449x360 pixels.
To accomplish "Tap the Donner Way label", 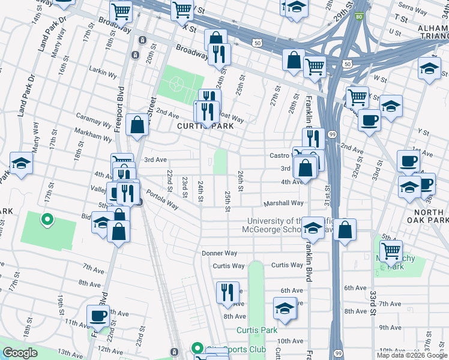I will pos(220,253).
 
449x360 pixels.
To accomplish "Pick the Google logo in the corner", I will pos(20,353).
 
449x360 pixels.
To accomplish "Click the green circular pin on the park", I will pos(46,220).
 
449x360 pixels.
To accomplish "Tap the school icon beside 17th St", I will pos(20,163).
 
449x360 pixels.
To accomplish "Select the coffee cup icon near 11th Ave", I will pos(98,316).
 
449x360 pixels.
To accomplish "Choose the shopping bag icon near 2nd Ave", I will pos(137,126).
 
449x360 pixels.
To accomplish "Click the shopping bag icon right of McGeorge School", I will pos(345,230).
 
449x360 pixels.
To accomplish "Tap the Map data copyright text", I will pos(412,355).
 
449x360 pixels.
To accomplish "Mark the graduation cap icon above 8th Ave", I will pos(285,309).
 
